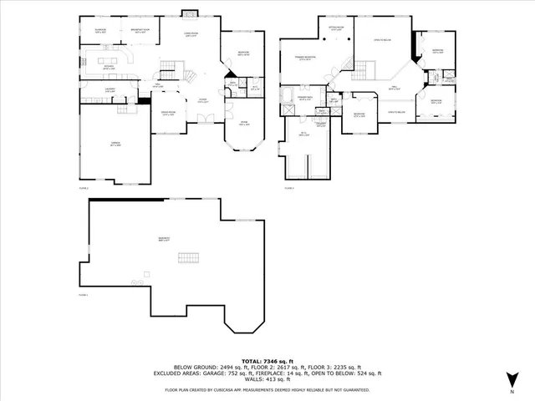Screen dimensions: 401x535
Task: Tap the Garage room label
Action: (x=115, y=144)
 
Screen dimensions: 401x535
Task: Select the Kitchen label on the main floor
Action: (x=109, y=69)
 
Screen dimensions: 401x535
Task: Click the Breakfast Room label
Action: (x=140, y=32)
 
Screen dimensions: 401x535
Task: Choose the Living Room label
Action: (x=191, y=33)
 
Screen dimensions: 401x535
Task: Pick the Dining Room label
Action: (x=168, y=114)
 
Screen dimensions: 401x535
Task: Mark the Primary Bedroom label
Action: (x=304, y=58)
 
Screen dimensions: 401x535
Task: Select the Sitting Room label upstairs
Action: (x=336, y=29)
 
